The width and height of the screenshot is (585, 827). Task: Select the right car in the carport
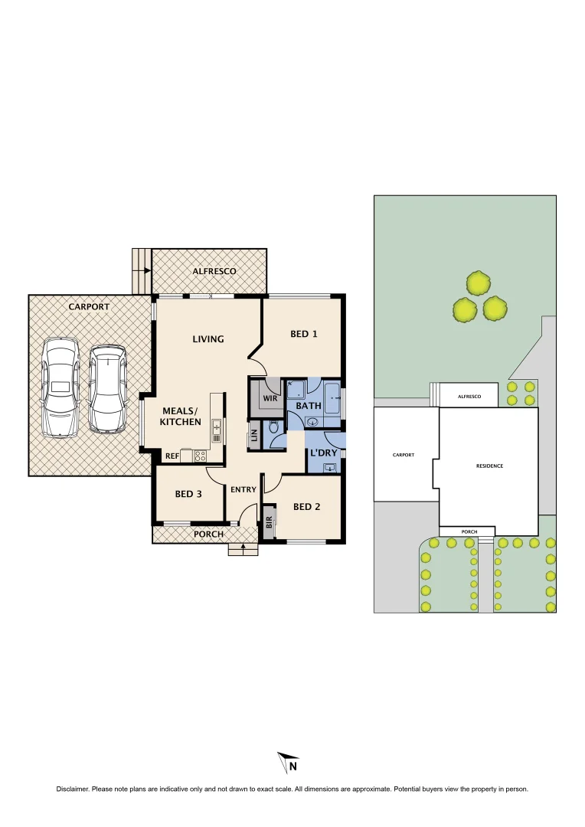pos(106,388)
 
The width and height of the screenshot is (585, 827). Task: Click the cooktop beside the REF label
pos(200,455)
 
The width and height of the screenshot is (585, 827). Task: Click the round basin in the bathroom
pos(312,421)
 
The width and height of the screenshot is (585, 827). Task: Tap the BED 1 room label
pos(303,334)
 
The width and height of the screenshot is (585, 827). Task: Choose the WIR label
pos(269,398)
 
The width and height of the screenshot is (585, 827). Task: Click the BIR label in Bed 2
pos(269,523)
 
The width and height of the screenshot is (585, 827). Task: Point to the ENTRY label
pos(243,489)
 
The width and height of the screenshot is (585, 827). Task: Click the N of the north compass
pos(292,765)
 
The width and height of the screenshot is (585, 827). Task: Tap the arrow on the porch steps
pos(243,547)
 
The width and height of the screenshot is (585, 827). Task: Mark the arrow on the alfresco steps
pos(145,270)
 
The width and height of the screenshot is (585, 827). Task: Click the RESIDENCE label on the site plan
pos(489,466)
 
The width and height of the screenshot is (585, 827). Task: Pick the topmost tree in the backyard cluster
pos(479,283)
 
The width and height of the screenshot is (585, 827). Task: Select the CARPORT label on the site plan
pos(403,455)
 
